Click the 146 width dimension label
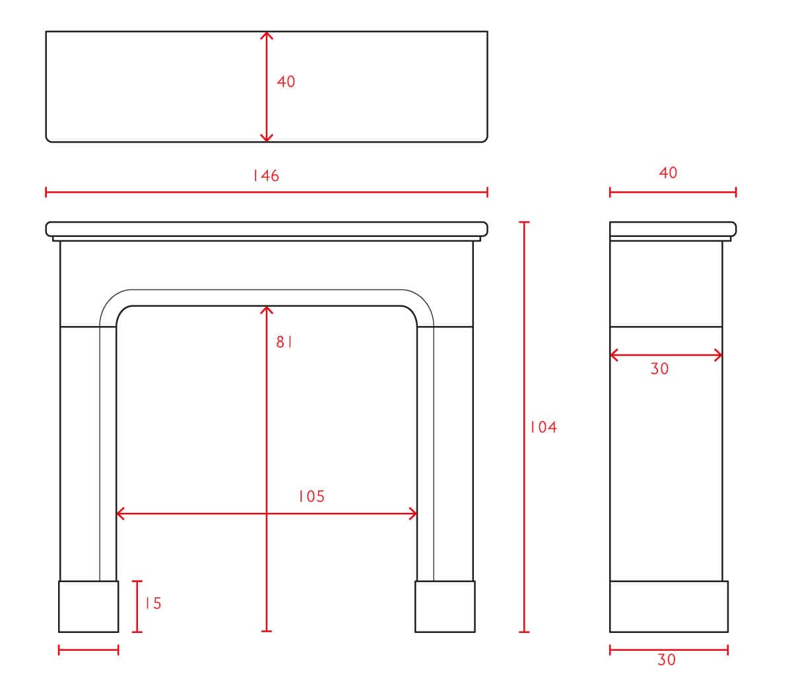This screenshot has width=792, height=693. coord(266,176)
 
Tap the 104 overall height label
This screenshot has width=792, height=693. coord(543,428)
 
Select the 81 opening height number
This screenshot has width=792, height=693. coord(284,342)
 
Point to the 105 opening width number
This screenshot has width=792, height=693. coord(312,496)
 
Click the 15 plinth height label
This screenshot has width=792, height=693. coord(153,603)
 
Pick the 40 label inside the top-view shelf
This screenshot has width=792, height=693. coord(286,82)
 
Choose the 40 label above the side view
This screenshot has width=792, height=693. coord(668,173)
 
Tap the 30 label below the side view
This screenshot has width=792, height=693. coord(667,660)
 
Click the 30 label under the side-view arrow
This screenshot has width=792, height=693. coord(659,369)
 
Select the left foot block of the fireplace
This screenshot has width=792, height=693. coord(88,607)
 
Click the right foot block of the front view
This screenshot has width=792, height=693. coord(445,607)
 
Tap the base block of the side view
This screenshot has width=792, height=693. coord(669,607)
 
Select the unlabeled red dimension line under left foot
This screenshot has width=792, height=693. coord(88,650)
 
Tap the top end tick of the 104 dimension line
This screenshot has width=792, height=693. coord(524,222)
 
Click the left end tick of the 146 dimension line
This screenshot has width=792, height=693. coord(46,192)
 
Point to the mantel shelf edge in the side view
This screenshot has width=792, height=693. coord(673,229)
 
